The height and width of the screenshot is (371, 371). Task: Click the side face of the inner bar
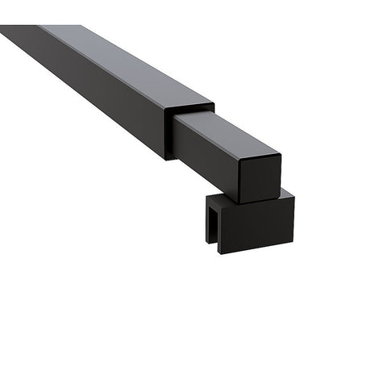click(206, 150)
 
